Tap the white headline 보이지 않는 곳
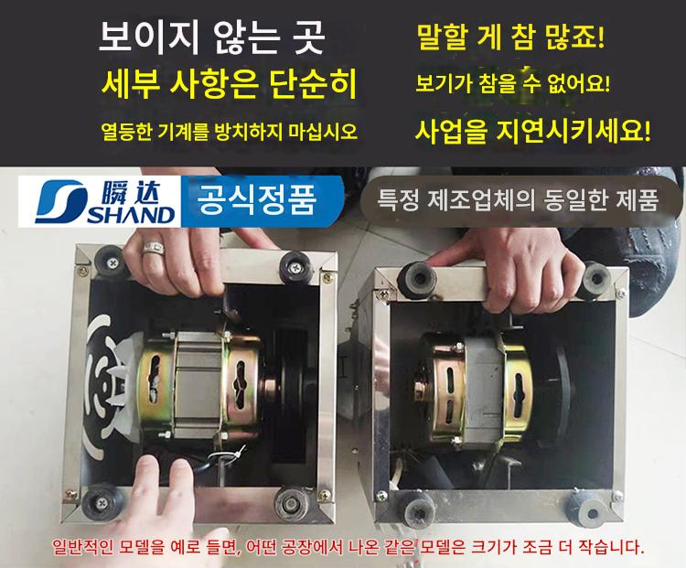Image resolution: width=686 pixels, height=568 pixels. click(212, 38)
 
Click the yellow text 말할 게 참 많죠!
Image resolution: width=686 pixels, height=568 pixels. click(510, 38)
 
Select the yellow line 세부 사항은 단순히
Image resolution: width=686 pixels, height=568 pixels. click(229, 83)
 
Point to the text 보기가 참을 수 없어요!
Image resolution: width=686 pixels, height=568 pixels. click(512, 83)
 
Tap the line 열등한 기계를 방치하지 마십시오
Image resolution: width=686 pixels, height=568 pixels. click(230, 131)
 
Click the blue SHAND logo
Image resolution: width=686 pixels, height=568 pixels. click(100, 202)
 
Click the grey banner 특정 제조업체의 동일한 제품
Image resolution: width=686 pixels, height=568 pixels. click(518, 200)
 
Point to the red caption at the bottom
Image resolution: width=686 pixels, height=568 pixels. click(348, 547)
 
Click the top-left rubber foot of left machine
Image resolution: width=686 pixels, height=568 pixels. click(110, 262)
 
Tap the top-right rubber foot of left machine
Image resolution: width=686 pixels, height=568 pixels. click(295, 266)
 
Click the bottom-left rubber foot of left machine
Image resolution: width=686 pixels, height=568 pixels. click(100, 503)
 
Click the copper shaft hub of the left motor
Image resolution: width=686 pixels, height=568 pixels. click(268, 386)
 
